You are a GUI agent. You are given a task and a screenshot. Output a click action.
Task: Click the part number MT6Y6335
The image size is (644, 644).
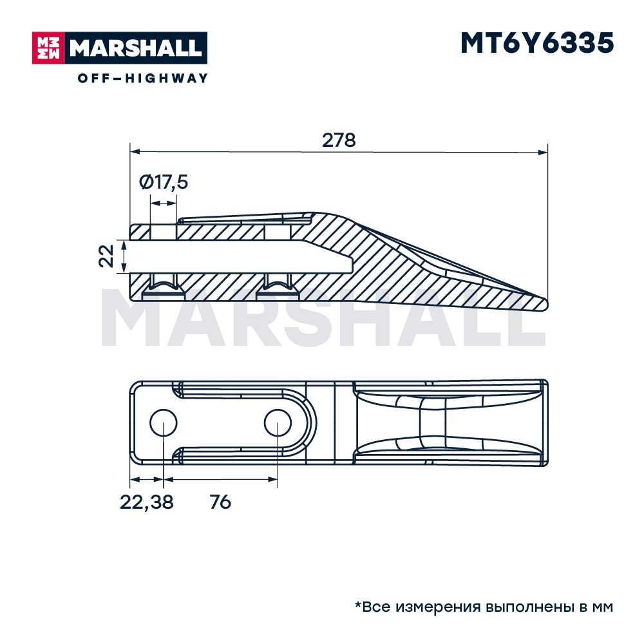[537, 43]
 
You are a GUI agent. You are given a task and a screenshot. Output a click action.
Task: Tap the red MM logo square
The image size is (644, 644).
[48, 48]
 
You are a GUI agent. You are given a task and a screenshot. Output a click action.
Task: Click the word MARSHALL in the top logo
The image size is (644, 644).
[135, 48]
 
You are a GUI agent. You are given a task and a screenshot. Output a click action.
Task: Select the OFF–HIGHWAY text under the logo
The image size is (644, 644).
[142, 78]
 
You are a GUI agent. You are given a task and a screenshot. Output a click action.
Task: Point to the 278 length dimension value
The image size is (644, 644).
[339, 140]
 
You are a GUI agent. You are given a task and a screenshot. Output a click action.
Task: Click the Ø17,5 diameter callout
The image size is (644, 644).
[164, 182]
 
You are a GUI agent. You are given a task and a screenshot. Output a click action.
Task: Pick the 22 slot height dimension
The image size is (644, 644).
[106, 256]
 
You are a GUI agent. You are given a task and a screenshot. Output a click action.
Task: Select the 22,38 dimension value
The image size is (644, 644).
[147, 502]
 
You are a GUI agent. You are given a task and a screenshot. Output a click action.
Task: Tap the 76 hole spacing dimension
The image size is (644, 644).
[220, 502]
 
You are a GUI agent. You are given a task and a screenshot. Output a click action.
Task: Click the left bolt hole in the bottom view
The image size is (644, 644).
[163, 423]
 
